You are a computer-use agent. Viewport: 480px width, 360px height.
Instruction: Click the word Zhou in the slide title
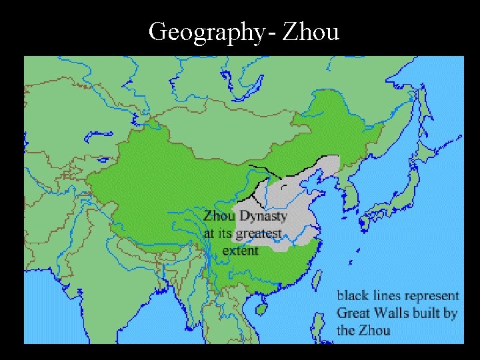[311, 31]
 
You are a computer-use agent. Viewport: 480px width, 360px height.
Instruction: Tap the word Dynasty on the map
[263, 217]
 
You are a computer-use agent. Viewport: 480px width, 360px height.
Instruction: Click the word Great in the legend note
[354, 312]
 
